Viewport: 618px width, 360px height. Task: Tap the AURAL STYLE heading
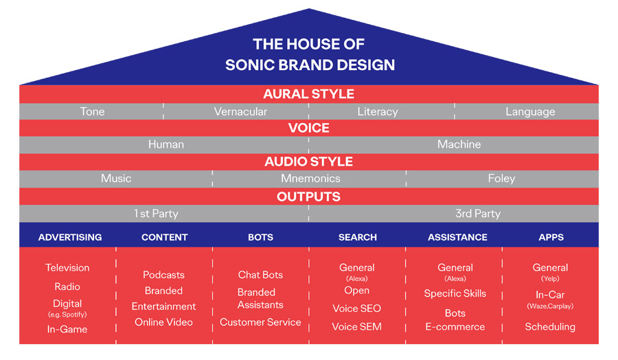(308, 94)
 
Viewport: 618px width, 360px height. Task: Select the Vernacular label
(240, 111)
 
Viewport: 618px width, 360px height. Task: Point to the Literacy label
(378, 111)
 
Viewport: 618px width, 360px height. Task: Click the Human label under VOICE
(166, 144)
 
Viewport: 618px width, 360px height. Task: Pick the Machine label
(459, 144)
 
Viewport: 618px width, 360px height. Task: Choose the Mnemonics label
(310, 178)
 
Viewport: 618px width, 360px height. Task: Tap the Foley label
(501, 179)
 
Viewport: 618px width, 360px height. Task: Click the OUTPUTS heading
(308, 196)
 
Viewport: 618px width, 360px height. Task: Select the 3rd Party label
(478, 214)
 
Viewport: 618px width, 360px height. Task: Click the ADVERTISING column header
(70, 238)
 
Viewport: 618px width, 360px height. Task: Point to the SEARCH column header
(358, 238)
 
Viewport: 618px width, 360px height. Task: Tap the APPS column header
(551, 238)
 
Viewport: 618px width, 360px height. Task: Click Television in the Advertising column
(67, 268)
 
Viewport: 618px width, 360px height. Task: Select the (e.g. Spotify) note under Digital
(67, 315)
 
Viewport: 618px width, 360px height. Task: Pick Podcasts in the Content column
(163, 275)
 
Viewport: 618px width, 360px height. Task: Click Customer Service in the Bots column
(260, 322)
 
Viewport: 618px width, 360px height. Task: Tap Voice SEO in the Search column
(356, 308)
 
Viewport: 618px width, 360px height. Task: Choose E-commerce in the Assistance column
(455, 327)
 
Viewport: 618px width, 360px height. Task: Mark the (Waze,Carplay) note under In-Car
(550, 306)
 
